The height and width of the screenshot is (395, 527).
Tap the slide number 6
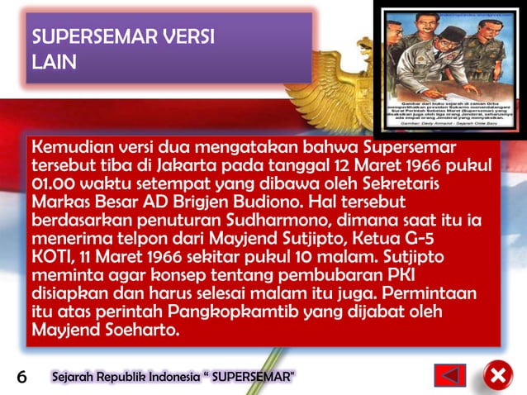coord(23,378)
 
